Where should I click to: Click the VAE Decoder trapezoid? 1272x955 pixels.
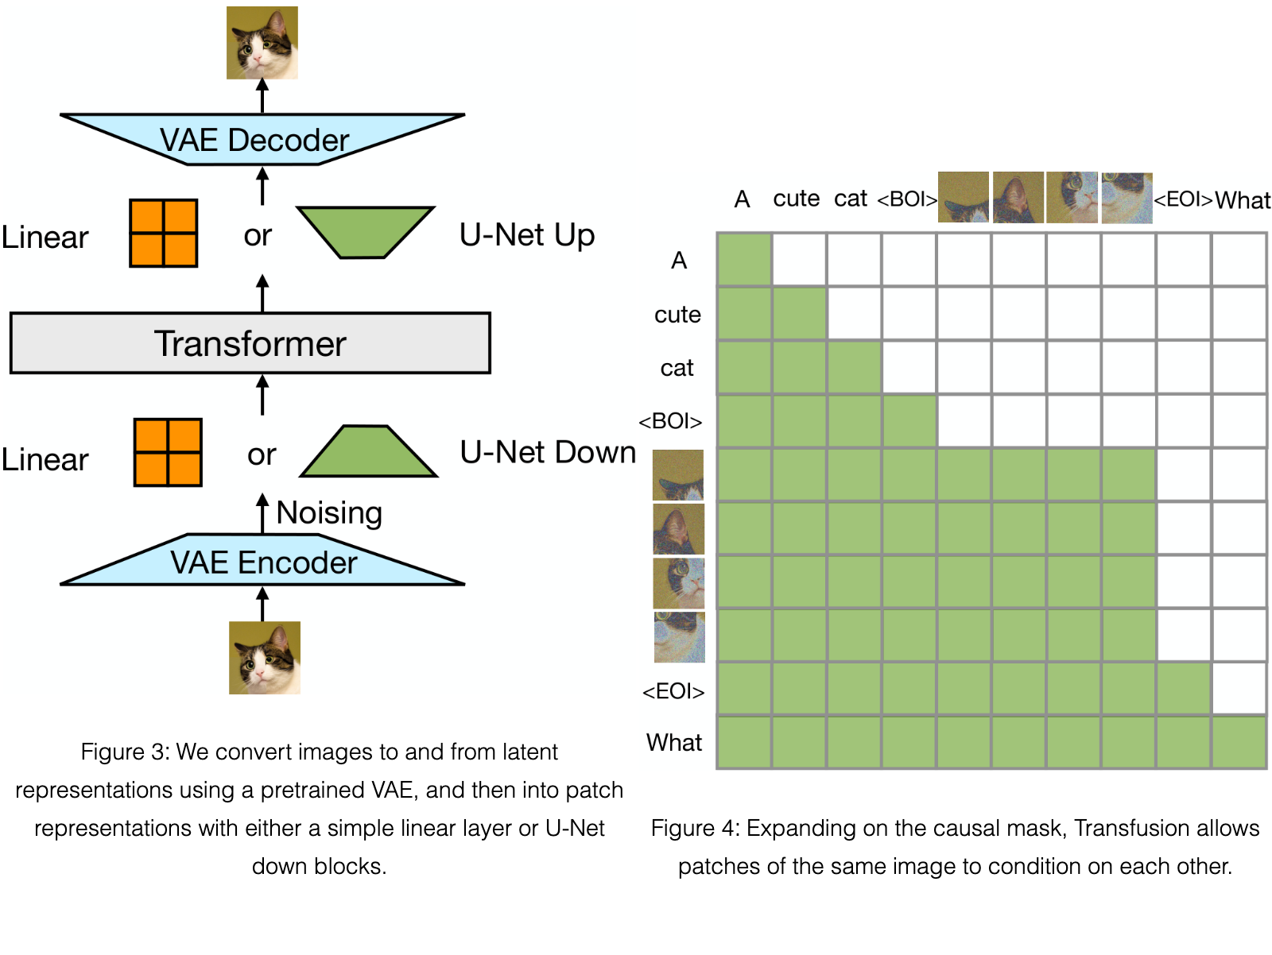(262, 140)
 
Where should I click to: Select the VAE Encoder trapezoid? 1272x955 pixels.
(262, 560)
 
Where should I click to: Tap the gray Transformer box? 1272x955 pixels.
(250, 343)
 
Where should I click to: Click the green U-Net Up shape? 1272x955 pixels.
(365, 232)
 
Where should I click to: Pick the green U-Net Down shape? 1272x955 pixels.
(369, 451)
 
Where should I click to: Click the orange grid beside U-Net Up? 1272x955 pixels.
(164, 233)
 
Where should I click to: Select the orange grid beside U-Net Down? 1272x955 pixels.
(168, 452)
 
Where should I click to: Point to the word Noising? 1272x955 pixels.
(329, 512)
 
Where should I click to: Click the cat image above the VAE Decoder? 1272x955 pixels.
(262, 42)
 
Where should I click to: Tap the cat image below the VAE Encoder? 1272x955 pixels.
(264, 657)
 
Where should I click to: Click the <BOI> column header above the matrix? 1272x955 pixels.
(907, 199)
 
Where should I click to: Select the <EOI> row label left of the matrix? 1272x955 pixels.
(673, 691)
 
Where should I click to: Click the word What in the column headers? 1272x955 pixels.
(1243, 200)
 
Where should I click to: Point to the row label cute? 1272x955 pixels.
(677, 315)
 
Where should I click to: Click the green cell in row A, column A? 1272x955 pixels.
(744, 259)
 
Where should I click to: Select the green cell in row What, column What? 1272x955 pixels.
(1239, 742)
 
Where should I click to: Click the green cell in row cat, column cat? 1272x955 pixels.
(854, 367)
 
